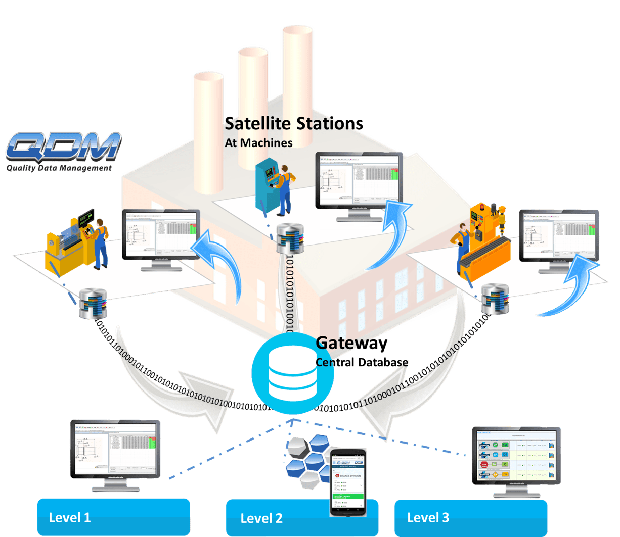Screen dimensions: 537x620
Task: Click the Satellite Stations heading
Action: click(293, 123)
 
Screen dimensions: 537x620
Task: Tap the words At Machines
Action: click(258, 143)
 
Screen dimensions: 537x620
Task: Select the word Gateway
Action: click(351, 344)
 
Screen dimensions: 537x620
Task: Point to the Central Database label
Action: click(362, 362)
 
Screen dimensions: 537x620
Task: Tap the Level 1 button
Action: click(113, 517)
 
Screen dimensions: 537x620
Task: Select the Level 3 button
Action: click(470, 517)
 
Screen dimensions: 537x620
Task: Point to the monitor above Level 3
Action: click(516, 460)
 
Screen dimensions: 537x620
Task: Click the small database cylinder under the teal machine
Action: click(290, 238)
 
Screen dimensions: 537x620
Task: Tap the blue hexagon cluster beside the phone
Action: click(306, 460)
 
